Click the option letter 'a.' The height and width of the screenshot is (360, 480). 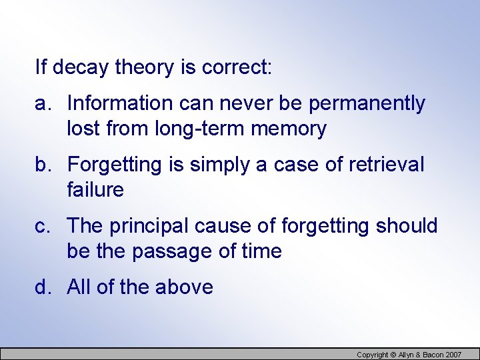[x=44, y=104]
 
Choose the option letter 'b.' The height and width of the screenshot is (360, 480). [x=44, y=165]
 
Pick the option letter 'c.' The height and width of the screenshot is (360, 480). [x=44, y=227]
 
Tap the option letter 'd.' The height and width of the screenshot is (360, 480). [x=44, y=287]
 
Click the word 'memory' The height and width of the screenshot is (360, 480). [x=289, y=129]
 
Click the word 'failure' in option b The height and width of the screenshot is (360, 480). [x=95, y=190]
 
